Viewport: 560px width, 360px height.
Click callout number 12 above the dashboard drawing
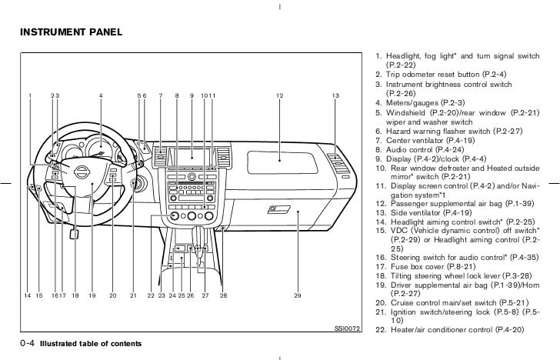coord(279,95)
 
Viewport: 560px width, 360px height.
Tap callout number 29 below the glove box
coord(297,295)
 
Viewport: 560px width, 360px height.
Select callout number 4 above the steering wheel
coord(101,95)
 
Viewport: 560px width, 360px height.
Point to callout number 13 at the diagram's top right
coord(335,95)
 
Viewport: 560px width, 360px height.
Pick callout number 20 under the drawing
coord(112,295)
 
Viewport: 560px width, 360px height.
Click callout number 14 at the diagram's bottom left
coord(27,295)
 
